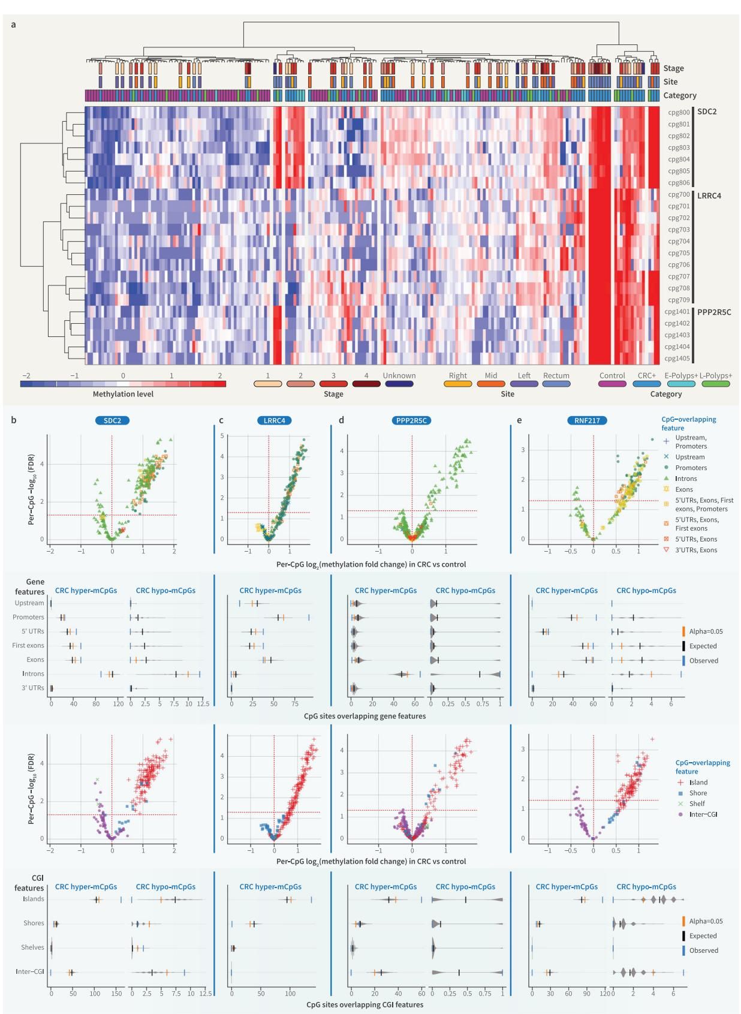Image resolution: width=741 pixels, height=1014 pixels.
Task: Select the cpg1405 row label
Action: tap(676, 359)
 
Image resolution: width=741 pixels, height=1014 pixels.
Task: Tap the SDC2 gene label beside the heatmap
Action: tap(707, 112)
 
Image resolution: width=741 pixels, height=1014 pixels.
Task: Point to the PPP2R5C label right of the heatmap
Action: tap(714, 312)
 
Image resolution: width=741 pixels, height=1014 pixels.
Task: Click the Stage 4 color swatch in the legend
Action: tap(366, 384)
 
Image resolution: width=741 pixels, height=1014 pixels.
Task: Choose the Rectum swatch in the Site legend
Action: tap(556, 384)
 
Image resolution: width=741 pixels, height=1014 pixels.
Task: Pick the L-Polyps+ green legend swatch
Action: tap(715, 384)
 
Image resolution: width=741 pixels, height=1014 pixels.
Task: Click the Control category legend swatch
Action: tap(612, 384)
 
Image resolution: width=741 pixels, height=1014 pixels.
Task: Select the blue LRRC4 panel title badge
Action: tap(275, 420)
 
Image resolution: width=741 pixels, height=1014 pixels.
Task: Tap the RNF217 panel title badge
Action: tap(587, 420)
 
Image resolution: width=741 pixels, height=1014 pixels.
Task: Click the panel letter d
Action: tap(341, 420)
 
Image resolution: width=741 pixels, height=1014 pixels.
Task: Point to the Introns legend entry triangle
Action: tap(666, 479)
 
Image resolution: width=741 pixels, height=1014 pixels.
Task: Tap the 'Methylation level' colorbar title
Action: tap(123, 394)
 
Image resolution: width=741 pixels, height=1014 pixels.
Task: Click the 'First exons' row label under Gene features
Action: tap(28, 646)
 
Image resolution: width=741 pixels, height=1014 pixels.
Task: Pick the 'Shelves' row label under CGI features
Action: tap(32, 947)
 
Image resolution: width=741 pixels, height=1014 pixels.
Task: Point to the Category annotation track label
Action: tap(680, 95)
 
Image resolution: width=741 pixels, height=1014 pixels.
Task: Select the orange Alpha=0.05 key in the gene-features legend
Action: tap(683, 631)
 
